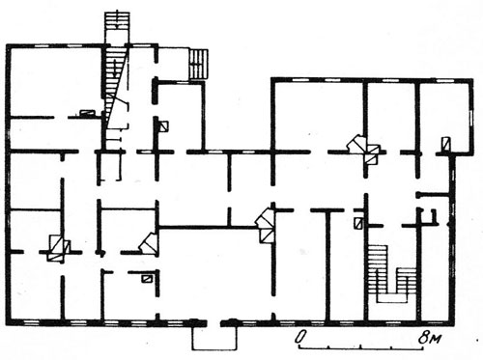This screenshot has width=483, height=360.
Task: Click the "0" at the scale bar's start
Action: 300,337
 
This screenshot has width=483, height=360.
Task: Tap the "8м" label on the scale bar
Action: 430,338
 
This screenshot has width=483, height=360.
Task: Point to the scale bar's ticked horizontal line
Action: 362,346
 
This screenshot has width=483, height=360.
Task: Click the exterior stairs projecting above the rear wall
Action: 117,28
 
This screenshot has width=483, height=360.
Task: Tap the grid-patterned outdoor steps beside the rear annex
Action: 198,65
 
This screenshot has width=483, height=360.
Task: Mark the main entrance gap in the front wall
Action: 213,322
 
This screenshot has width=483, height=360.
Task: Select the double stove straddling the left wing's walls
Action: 59,248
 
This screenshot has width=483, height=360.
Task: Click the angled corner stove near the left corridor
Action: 148,243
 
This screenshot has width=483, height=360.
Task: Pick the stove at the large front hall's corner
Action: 265,225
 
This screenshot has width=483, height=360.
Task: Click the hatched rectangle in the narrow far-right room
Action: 445,144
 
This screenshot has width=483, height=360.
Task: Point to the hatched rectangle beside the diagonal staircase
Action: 87,113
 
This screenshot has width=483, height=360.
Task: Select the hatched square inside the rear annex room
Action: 164,126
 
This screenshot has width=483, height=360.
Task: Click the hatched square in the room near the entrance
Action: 147,279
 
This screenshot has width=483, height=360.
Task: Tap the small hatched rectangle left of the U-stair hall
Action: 358,223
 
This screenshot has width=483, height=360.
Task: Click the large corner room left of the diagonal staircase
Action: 56,80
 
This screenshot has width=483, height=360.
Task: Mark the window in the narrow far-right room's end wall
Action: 471,118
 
